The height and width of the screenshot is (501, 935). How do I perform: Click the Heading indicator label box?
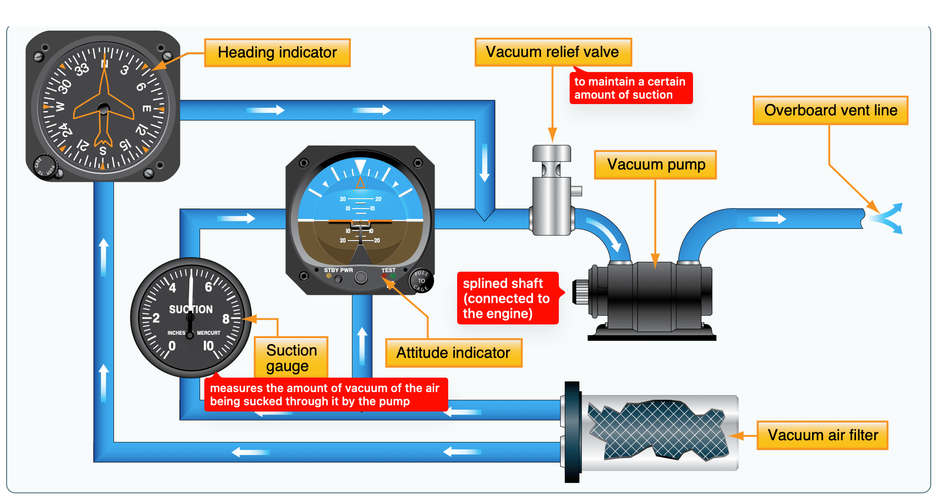tap(277, 53)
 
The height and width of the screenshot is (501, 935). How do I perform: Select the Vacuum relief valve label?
tap(553, 52)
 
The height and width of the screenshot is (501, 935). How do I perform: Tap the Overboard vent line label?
tap(830, 110)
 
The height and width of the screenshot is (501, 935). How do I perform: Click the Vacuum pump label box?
tap(655, 165)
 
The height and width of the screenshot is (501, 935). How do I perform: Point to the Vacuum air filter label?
tap(822, 435)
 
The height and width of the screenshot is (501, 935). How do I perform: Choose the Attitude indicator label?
tap(453, 353)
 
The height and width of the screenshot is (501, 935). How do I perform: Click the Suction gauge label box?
tap(291, 358)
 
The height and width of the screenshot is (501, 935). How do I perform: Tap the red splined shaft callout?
tap(507, 298)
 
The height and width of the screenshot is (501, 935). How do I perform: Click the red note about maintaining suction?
tap(630, 88)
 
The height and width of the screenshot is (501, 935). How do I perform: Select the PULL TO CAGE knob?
tap(421, 281)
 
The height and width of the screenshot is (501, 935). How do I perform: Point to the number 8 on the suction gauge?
tap(226, 319)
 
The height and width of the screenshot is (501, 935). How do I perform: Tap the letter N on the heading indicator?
tap(105, 64)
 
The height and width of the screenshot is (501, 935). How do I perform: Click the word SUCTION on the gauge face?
tap(191, 309)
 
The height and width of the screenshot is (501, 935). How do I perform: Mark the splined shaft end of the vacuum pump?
tap(580, 291)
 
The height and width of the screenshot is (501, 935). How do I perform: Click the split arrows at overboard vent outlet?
tap(887, 218)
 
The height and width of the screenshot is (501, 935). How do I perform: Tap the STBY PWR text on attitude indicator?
tap(338, 270)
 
